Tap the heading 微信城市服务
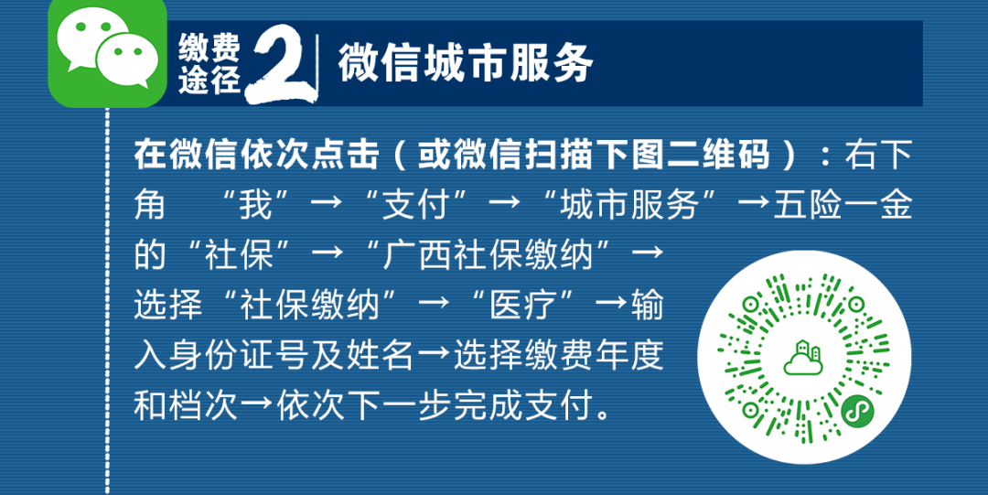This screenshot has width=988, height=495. [466, 64]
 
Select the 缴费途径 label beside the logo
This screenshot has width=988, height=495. [209, 64]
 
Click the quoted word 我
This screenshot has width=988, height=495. [256, 206]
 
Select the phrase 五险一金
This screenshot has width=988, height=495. [843, 206]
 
